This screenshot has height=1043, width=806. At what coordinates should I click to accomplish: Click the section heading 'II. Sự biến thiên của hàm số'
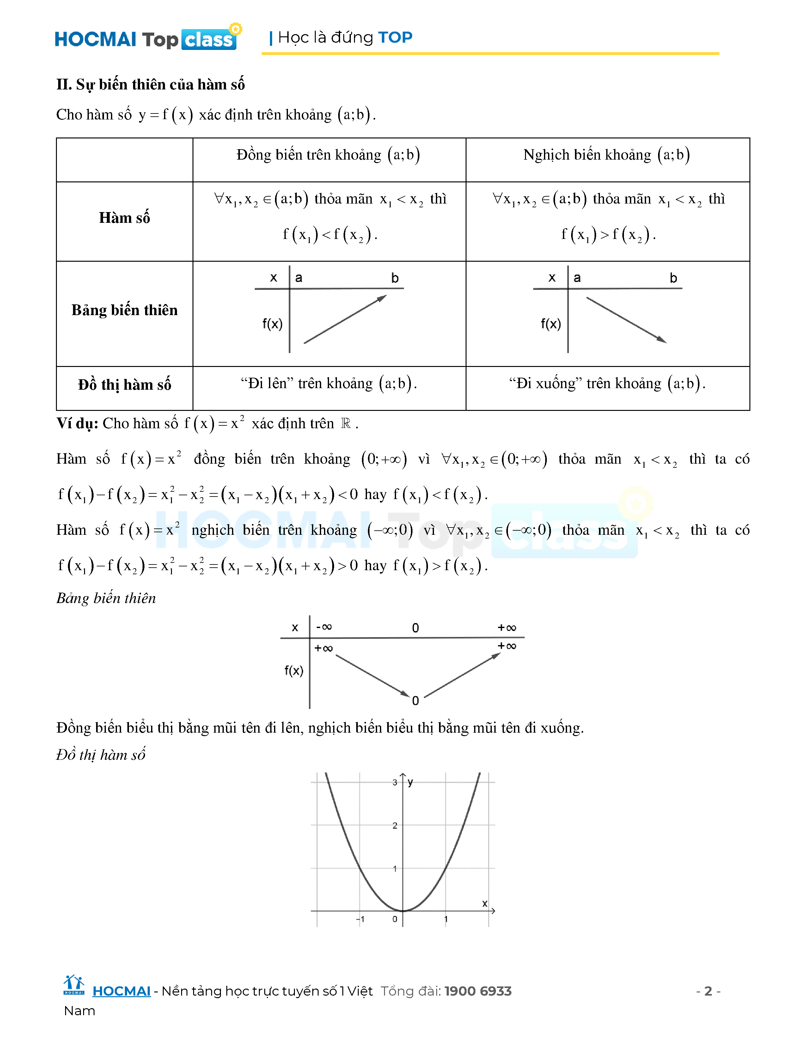pos(150,84)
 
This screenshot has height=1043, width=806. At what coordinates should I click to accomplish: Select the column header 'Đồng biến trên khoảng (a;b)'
pos(328,155)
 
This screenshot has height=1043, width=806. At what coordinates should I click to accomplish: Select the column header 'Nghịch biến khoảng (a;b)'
pos(607,155)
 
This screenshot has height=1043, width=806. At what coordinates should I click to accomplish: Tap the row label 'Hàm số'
pos(125,218)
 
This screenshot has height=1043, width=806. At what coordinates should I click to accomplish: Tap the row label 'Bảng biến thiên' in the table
pos(125,310)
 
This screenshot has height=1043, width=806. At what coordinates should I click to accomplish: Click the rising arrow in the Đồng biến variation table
pos(345,319)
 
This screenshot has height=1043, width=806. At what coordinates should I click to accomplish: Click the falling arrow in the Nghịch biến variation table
pos(626,319)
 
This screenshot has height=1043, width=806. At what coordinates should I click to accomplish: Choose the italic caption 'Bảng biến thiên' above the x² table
pos(106,598)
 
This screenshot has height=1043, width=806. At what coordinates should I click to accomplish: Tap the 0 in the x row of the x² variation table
pos(415,628)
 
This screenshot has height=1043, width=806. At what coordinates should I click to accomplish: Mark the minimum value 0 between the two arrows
pos(415,701)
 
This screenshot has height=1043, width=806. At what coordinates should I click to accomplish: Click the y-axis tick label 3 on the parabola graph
pos(395,782)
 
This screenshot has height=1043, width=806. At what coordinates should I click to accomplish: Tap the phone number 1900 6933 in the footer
pos(478,991)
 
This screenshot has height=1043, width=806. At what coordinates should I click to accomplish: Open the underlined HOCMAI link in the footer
pos(121,991)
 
